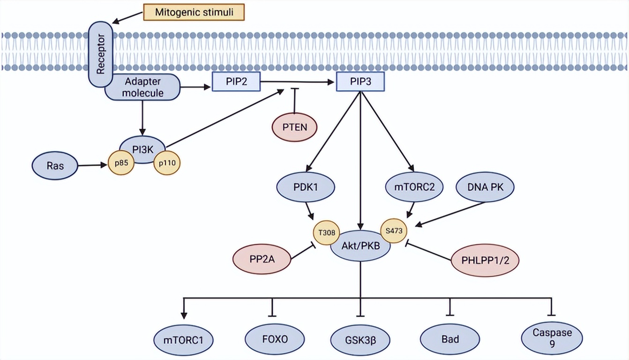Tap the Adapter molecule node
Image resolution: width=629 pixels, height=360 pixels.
[142, 87]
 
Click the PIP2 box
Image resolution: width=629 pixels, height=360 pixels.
[236, 81]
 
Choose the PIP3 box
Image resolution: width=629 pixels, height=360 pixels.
[360, 81]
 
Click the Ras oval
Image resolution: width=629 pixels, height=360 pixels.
[55, 166]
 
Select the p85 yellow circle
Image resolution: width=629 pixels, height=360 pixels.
[122, 164]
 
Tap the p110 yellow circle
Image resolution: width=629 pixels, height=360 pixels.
[167, 164]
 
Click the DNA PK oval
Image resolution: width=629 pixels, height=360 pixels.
[485, 187]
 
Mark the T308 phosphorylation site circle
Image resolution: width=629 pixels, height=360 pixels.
[327, 232]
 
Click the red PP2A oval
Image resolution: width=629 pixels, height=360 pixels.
[262, 259]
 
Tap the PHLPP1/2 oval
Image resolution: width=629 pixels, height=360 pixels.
[485, 259]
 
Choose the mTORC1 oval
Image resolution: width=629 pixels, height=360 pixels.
[183, 339]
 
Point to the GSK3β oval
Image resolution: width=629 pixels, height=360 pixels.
[360, 339]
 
